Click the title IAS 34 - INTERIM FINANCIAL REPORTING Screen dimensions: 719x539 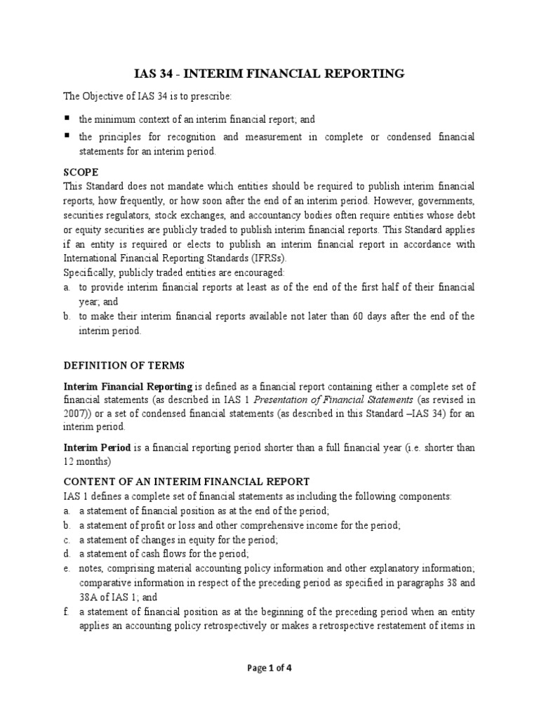pyautogui.click(x=269, y=73)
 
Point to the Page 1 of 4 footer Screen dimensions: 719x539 pyautogui.click(x=269, y=668)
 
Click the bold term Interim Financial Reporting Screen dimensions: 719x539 pyautogui.click(x=128, y=386)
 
